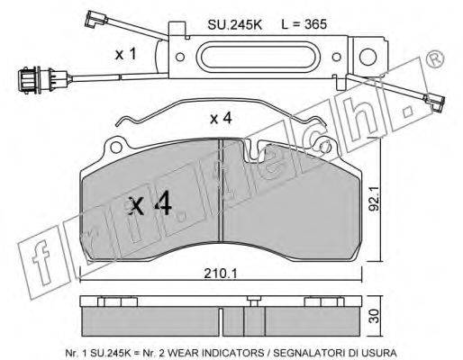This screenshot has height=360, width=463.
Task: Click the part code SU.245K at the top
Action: [234, 24]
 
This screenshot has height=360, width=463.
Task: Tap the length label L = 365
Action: [304, 24]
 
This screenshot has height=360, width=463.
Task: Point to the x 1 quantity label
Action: [126, 54]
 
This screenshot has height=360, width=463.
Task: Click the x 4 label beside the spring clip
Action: [221, 119]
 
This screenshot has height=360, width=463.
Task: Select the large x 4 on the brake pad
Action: [150, 204]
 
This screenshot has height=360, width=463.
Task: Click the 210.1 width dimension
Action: [221, 274]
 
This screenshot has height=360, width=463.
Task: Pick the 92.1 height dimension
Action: [374, 199]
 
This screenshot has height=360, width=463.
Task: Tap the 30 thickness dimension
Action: [374, 316]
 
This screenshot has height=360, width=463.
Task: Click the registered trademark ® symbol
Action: [435, 58]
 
